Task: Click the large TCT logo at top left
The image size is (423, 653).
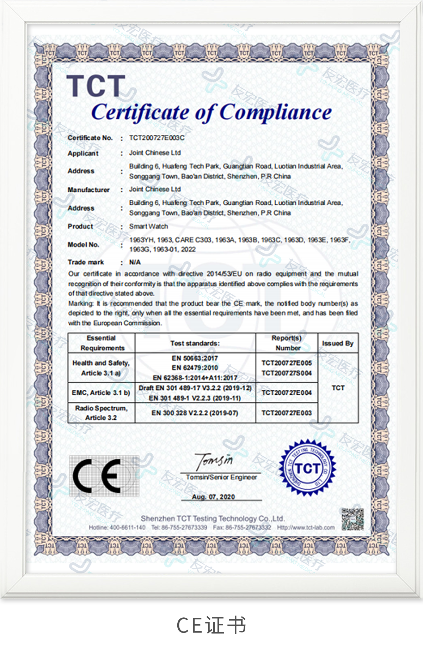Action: [96, 86]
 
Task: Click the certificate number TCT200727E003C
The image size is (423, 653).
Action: [157, 138]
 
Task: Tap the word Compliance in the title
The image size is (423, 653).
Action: [276, 112]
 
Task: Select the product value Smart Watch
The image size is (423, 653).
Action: [148, 226]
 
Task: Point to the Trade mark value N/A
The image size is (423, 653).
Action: [135, 262]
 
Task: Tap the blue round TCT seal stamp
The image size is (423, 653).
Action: [307, 468]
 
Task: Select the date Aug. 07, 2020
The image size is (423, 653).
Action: [213, 497]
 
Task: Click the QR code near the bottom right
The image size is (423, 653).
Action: [352, 519]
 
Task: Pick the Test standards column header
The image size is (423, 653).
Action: [195, 343]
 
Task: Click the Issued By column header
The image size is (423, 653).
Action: [338, 343]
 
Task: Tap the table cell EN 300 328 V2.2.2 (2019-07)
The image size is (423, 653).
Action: [195, 413]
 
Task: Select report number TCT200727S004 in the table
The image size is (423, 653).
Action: [287, 373]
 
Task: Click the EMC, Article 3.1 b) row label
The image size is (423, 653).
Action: [101, 393]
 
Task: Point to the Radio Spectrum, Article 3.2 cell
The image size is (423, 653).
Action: [101, 413]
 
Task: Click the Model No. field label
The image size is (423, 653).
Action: [84, 245]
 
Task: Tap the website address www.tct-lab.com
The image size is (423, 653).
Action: [306, 527]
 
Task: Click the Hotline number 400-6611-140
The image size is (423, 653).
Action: [117, 527]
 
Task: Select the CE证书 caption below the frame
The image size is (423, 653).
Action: [211, 625]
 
